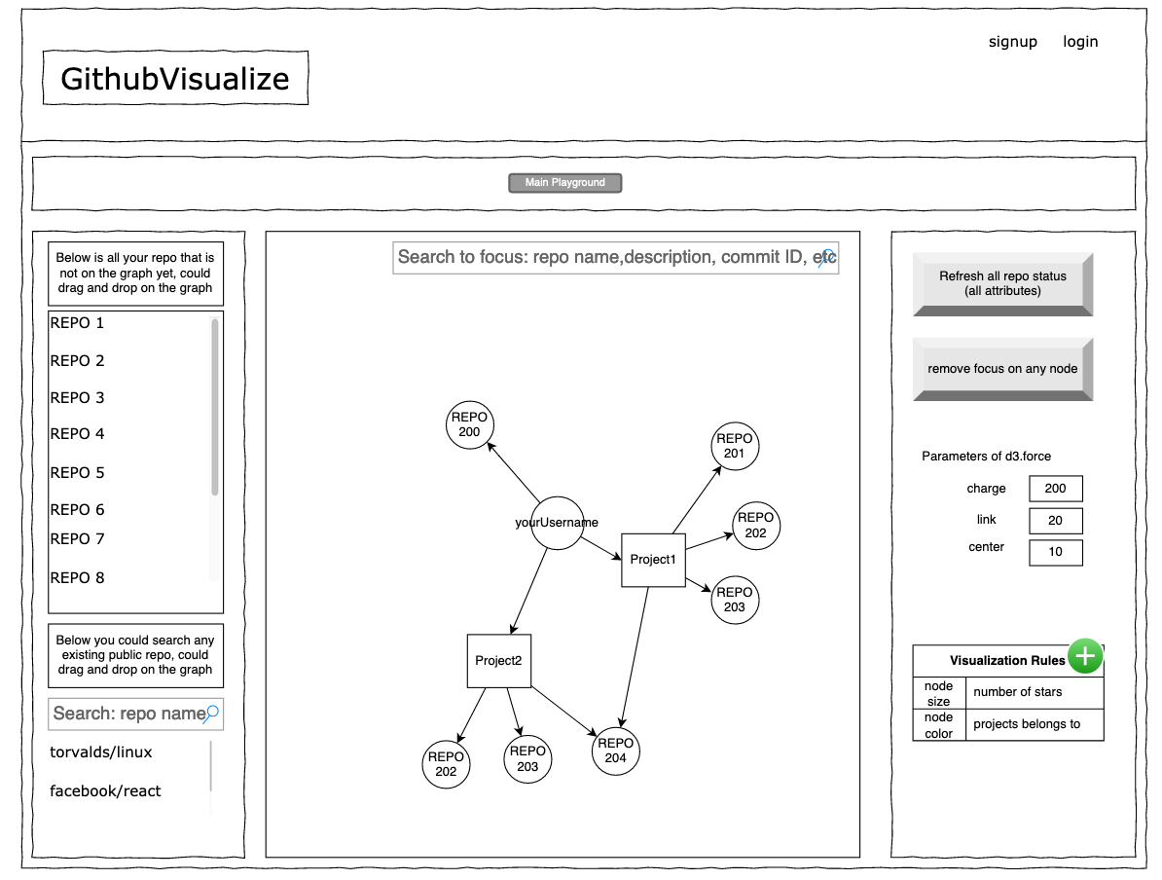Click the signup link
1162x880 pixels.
coord(1012,42)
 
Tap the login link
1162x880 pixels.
coord(1080,42)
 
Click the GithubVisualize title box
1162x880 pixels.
coord(175,78)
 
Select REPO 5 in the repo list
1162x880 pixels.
coord(77,472)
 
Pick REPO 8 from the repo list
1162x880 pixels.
coord(77,577)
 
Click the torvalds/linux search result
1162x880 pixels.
coord(101,752)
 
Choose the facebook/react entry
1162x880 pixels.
coord(105,791)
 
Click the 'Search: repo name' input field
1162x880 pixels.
coord(135,714)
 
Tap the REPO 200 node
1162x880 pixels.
coord(469,424)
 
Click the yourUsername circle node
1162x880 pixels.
coord(557,523)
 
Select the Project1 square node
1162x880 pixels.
coord(653,560)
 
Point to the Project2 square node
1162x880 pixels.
coord(498,661)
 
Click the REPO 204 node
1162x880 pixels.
coord(615,751)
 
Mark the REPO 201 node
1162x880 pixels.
coord(735,446)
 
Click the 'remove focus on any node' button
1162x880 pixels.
coord(1002,369)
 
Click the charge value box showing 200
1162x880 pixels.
coord(1055,489)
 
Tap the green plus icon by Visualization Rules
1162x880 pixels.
coord(1085,656)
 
